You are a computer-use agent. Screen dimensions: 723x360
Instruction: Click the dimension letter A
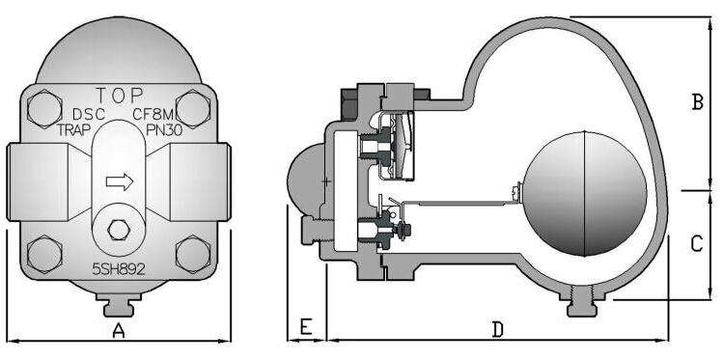119,330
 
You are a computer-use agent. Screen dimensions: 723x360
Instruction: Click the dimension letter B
698,102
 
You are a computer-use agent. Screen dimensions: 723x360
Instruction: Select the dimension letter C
697,244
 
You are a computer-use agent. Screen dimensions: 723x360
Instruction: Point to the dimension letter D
497,329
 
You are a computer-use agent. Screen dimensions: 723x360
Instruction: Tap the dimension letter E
306,327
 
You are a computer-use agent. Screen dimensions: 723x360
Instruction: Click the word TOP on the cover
119,96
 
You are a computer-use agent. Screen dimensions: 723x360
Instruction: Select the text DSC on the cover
89,114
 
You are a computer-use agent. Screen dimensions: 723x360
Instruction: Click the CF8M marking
153,113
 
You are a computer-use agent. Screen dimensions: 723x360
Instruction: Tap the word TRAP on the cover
73,130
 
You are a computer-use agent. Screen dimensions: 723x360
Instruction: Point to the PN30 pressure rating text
164,129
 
